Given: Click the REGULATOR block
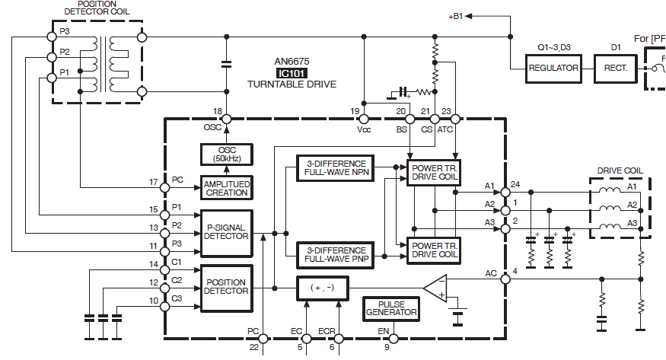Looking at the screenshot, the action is point(553,68).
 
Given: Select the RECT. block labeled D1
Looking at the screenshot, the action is point(616,68).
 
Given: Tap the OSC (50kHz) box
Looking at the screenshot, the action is point(226,155).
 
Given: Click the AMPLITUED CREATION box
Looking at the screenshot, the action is point(226,188).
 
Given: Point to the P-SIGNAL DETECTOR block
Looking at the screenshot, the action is point(226,233).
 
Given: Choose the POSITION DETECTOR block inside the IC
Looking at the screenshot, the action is point(226,288).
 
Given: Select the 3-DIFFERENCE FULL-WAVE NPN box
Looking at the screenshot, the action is point(336,168).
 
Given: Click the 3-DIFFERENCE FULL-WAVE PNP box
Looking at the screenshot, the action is point(336,255).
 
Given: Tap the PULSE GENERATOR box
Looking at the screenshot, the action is point(391,309).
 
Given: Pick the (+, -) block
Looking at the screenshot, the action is point(323,288).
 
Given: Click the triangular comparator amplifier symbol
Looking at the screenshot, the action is point(435,288).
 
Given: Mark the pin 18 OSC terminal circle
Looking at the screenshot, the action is point(227,119).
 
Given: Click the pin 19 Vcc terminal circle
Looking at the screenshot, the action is point(364,119).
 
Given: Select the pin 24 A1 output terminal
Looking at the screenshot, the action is point(505,193).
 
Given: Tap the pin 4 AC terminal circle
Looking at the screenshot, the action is point(505,279).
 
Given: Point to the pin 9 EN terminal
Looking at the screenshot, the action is point(394,339).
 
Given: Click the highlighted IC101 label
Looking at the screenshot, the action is point(292,73).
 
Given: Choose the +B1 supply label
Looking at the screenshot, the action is point(456,17).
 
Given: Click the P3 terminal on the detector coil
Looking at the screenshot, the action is point(52,37).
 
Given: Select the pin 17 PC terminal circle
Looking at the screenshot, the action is point(165,187).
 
